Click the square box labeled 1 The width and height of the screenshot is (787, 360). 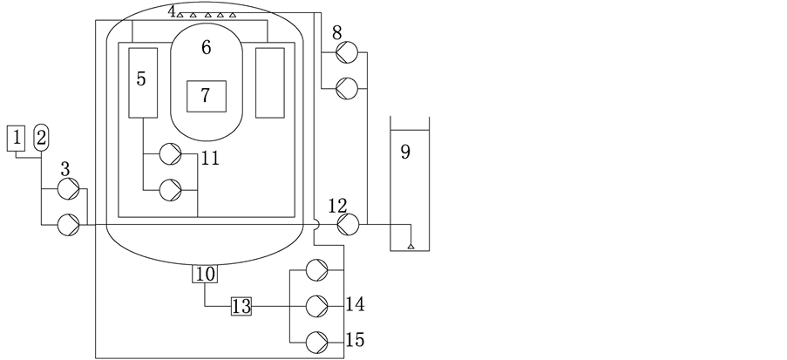pos(17,137)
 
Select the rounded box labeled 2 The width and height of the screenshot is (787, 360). pos(42,137)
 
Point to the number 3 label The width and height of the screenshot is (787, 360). pos(66,166)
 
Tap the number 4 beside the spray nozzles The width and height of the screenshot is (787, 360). pos(173,10)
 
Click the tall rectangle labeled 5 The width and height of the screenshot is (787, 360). pos(142,83)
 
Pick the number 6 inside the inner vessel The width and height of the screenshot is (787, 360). pos(206,49)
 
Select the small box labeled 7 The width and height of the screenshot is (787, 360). pos(206,95)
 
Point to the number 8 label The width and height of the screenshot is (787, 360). pos(337,33)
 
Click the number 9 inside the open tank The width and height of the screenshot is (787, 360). pos(405,152)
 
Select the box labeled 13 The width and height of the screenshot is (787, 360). pos(241,306)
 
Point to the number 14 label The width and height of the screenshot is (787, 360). pos(355,304)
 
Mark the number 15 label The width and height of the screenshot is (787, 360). pos(355,338)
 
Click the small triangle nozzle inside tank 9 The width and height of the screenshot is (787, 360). pos(410,248)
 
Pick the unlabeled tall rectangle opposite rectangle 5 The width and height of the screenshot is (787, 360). pos(269,83)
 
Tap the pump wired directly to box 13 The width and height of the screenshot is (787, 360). pos(318,306)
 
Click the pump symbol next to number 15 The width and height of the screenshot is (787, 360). pos(318,340)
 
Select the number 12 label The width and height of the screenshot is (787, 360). pos(337,207)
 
